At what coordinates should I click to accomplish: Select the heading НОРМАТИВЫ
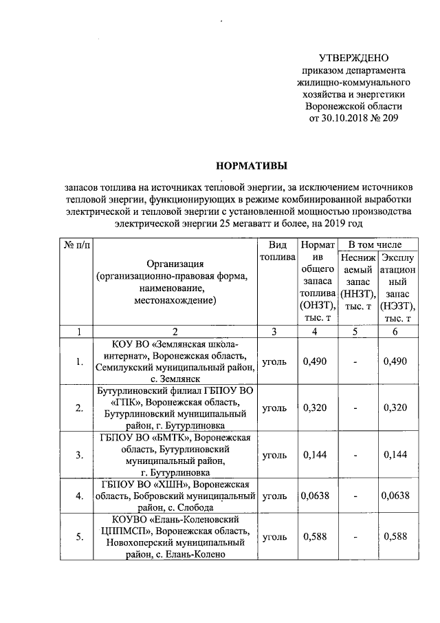250,165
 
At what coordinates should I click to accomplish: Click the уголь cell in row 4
276,495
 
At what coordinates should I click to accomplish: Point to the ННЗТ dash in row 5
355,536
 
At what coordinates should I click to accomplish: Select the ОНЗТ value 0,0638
314,495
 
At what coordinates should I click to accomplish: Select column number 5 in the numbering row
355,332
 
